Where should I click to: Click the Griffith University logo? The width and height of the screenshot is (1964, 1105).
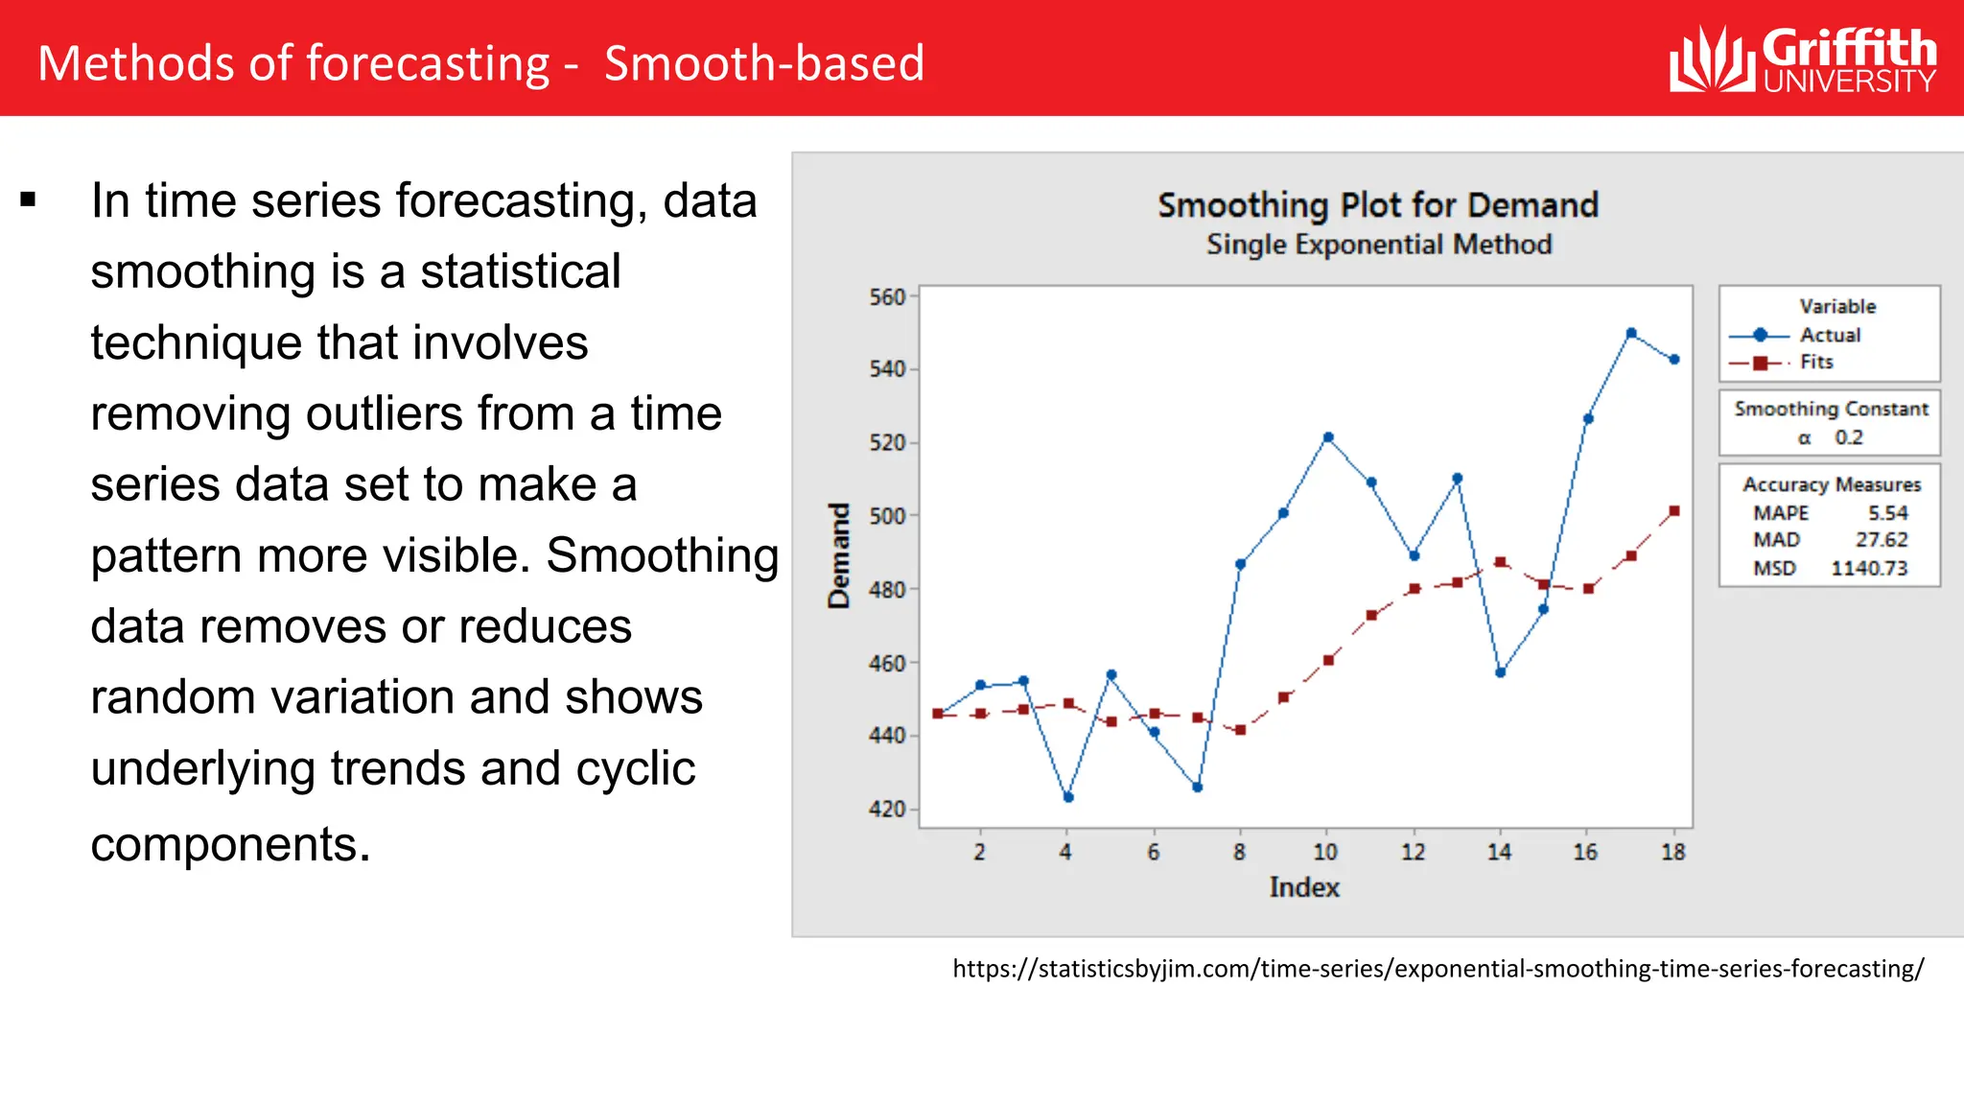(x=1802, y=59)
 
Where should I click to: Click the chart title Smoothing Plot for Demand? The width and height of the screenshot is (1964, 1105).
(x=1377, y=205)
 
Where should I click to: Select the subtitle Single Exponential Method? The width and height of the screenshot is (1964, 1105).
(x=1378, y=245)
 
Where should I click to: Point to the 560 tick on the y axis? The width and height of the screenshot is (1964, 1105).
(x=887, y=297)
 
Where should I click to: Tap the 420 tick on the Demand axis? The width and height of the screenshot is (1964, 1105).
(x=887, y=809)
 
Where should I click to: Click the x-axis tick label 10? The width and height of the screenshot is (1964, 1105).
(x=1324, y=852)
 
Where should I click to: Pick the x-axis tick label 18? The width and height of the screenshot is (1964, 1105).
(x=1672, y=852)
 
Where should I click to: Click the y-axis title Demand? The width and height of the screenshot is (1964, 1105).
(x=839, y=555)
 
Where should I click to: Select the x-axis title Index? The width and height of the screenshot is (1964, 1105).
(x=1303, y=887)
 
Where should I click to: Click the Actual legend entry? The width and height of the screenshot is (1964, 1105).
(x=1829, y=335)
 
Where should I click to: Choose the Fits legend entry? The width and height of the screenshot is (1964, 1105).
(x=1815, y=362)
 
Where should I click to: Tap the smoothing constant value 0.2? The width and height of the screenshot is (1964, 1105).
(x=1848, y=437)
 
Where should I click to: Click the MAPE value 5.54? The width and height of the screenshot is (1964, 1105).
(x=1886, y=513)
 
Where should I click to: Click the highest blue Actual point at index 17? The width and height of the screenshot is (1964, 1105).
(x=1631, y=334)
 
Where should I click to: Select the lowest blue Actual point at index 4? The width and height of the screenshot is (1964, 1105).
(x=1068, y=797)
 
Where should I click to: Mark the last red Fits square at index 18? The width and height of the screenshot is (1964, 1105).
(x=1674, y=511)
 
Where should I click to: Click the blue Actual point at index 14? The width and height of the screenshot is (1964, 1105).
(x=1500, y=672)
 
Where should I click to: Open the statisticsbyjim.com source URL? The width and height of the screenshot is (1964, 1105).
(x=1438, y=969)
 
